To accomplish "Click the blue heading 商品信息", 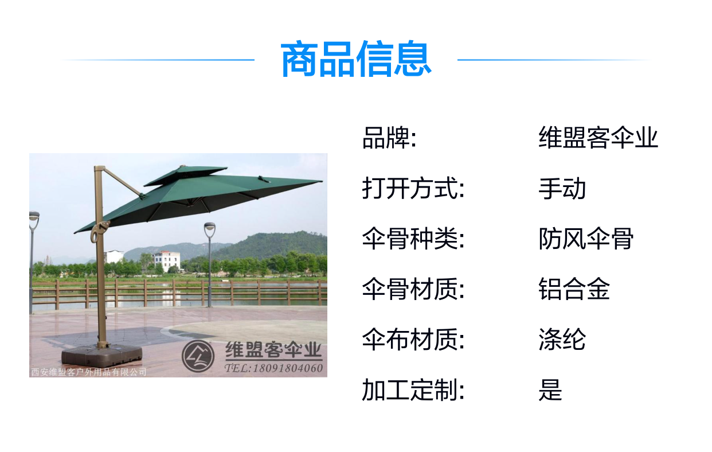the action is click(x=356, y=59).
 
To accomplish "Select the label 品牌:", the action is click(x=389, y=138).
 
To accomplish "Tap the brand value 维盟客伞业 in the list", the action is click(x=598, y=138).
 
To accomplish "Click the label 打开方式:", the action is click(x=413, y=188).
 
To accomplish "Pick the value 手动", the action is click(x=562, y=188).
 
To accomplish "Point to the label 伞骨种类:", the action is click(x=413, y=239).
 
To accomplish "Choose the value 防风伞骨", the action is click(x=586, y=239).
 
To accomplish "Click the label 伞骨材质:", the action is click(x=413, y=289).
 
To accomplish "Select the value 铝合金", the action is click(x=574, y=289).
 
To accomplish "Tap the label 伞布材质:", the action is click(x=413, y=340).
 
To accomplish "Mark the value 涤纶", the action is click(x=562, y=340).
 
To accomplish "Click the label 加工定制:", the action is click(x=413, y=389).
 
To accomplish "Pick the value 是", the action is click(x=550, y=389).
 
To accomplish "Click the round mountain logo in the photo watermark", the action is click(x=198, y=356).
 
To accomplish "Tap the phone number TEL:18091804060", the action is click(x=273, y=368).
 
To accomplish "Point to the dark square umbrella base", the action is click(x=101, y=356).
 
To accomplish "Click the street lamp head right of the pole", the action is click(x=209, y=229).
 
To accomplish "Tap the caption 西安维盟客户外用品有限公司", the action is click(x=89, y=372).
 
